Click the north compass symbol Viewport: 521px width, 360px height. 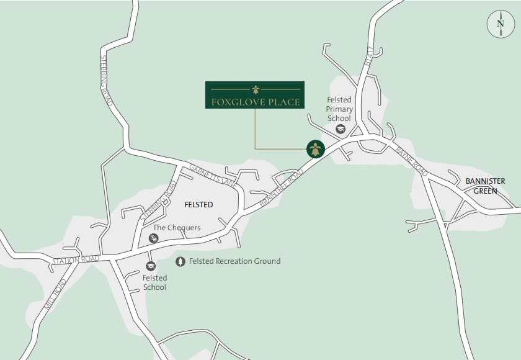(501, 25)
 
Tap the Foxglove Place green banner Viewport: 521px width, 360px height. (255, 94)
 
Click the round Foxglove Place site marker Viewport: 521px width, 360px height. (316, 148)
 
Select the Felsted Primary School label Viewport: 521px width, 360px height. (339, 109)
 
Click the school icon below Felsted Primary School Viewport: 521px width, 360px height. (340, 128)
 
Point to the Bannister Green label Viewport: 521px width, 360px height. (485, 186)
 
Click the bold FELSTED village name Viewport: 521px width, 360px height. (198, 205)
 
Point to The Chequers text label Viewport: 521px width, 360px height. (177, 228)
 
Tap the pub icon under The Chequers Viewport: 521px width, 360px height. (154, 238)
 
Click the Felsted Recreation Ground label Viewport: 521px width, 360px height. (235, 261)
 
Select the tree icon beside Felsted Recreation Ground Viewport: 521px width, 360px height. (180, 262)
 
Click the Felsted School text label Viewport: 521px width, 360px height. (154, 282)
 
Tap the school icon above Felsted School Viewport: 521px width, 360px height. (150, 266)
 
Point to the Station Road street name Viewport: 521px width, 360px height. (76, 259)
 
